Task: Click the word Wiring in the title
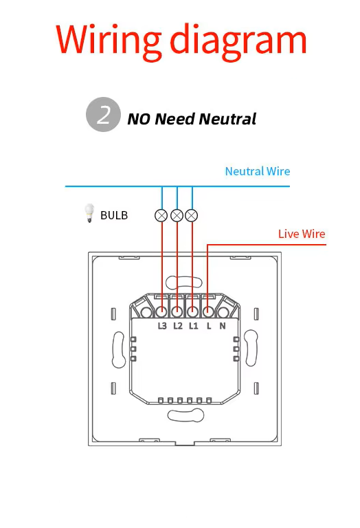[x=109, y=41]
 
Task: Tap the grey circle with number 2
[x=103, y=115]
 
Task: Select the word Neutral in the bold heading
[x=228, y=119]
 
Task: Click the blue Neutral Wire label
[x=258, y=171]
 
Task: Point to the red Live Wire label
[x=302, y=234]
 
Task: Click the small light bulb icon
[x=89, y=213]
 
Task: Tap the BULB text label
[x=114, y=215]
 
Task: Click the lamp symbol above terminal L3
[x=161, y=215]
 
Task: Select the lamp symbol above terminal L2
[x=177, y=215]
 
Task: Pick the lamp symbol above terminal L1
[x=192, y=215]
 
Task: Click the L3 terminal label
[x=162, y=326]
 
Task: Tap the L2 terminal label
[x=178, y=326]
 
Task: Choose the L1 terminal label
[x=193, y=326]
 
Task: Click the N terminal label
[x=223, y=326]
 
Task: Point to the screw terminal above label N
[x=223, y=313]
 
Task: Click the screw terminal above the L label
[x=208, y=312]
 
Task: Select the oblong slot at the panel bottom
[x=185, y=415]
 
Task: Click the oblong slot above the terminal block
[x=184, y=282]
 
